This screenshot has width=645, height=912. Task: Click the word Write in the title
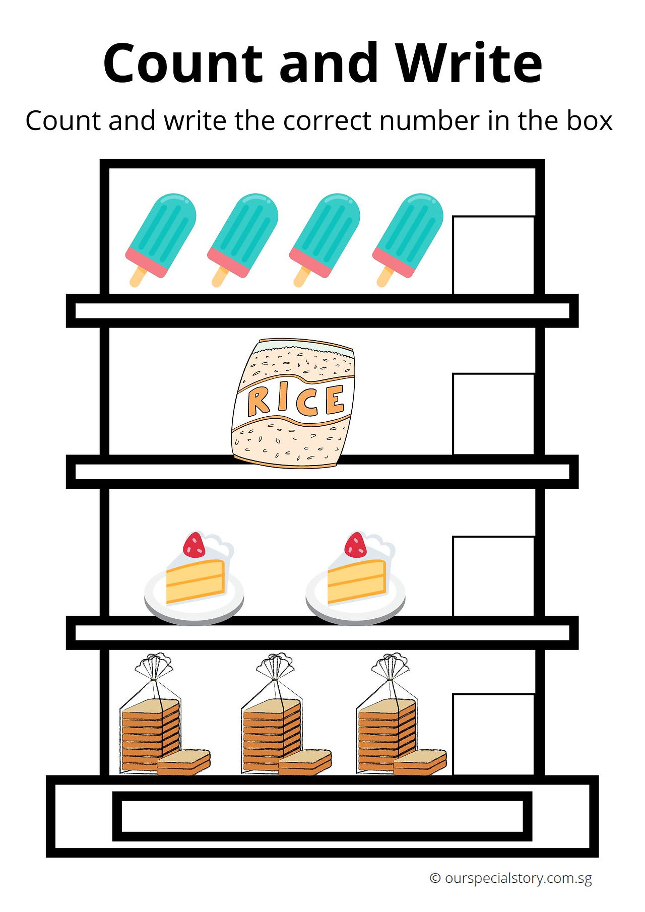tap(469, 63)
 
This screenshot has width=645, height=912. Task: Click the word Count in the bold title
tap(183, 63)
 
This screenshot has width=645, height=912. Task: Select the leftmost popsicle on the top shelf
tap(161, 239)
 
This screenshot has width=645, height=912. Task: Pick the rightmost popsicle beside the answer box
tap(408, 239)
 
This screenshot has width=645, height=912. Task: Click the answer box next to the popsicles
tap(494, 255)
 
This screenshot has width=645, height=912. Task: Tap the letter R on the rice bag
tap(259, 402)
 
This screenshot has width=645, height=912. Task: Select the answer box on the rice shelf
tap(494, 414)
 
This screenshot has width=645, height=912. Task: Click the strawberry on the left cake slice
tap(194, 545)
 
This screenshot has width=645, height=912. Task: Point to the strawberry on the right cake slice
tap(356, 545)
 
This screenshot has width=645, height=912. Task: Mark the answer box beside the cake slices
tap(494, 576)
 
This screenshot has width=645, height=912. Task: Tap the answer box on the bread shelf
tap(494, 735)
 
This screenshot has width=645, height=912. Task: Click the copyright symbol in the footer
tap(435, 878)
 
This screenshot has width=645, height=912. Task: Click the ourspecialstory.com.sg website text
tap(518, 879)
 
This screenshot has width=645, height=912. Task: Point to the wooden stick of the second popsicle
tap(220, 277)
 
